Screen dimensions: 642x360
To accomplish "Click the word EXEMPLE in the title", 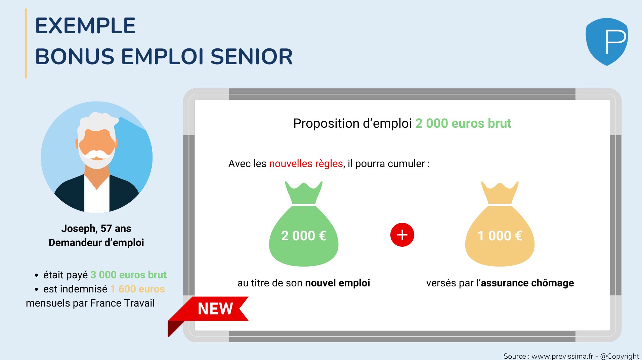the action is tap(85, 26).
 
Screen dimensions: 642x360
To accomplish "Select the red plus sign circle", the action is tap(402, 235).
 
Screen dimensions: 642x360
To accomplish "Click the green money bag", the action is tap(304, 224).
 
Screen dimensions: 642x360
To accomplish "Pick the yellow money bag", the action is tap(500, 224).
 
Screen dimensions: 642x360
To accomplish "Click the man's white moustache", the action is tap(97, 154).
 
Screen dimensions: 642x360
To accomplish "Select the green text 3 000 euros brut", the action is tap(129, 275).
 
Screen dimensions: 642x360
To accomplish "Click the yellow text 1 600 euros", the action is tap(137, 289).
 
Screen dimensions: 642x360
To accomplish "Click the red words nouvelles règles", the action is tap(306, 164).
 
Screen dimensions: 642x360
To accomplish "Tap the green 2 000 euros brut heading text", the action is tap(463, 123).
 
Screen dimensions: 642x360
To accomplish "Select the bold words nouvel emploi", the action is tap(338, 283).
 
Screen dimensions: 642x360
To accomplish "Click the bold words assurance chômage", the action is tap(527, 283).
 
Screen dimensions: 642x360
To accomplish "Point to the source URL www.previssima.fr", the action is tap(562, 356).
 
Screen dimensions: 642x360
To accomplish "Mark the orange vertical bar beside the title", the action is tap(26, 43).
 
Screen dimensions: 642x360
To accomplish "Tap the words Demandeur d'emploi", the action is tap(96, 243).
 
